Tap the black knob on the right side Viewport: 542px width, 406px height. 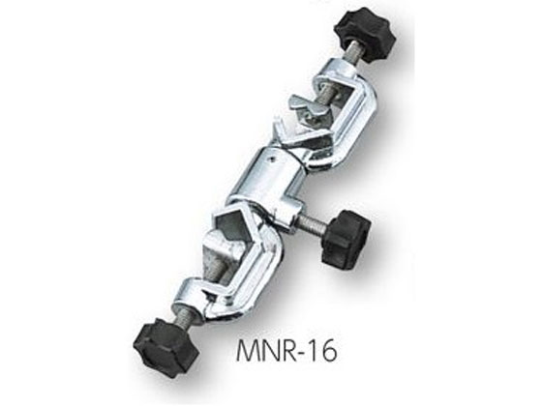point(346,236)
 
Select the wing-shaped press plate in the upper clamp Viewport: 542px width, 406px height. point(304,104)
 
